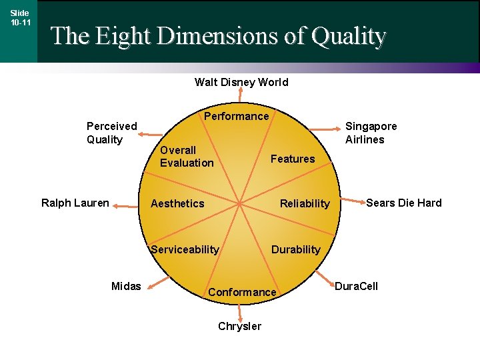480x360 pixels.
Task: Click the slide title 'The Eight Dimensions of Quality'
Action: pyautogui.click(x=218, y=35)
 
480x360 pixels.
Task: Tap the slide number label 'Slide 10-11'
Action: pyautogui.click(x=20, y=18)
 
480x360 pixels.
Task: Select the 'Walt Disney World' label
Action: pyautogui.click(x=241, y=82)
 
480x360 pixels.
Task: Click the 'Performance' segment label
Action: pyautogui.click(x=236, y=116)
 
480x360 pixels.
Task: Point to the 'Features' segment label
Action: pyautogui.click(x=292, y=159)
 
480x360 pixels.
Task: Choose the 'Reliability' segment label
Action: pyautogui.click(x=305, y=203)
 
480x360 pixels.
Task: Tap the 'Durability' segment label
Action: pyautogui.click(x=295, y=249)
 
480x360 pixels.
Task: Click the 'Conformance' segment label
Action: pyautogui.click(x=242, y=292)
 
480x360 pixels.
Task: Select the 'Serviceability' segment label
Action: pyautogui.click(x=185, y=249)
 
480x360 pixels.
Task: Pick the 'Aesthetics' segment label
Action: pyautogui.click(x=177, y=203)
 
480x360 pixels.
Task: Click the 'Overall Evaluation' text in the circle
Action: pyautogui.click(x=187, y=156)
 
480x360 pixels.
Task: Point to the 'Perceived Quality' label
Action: pyautogui.click(x=112, y=133)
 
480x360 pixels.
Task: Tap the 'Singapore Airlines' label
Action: pyautogui.click(x=371, y=133)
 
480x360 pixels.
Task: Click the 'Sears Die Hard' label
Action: pyautogui.click(x=403, y=203)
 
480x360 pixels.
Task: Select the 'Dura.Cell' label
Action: pyautogui.click(x=356, y=286)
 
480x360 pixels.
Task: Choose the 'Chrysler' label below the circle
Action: pyautogui.click(x=240, y=326)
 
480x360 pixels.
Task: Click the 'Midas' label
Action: pyautogui.click(x=126, y=286)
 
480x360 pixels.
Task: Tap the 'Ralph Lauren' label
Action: pyautogui.click(x=75, y=203)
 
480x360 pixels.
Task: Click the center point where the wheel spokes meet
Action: pyautogui.click(x=240, y=203)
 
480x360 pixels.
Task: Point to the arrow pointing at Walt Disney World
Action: pyautogui.click(x=240, y=97)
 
